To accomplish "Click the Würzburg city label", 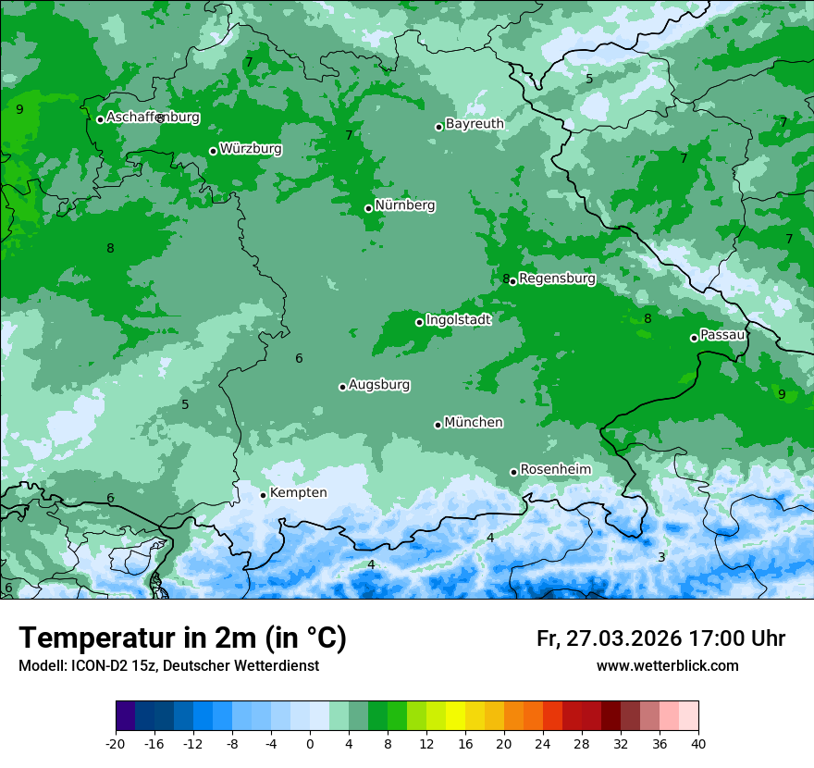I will [251, 149].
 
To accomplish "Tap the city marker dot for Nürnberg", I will [368, 208].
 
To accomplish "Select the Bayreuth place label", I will [475, 124].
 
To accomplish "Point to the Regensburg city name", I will [557, 279].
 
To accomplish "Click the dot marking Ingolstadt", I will [419, 322].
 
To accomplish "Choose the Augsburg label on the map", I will [379, 385].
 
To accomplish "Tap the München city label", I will [474, 423].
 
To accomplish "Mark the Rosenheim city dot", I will [513, 473].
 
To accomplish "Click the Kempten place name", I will [298, 492].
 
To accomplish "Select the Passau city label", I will [722, 335].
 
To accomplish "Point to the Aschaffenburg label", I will [153, 118].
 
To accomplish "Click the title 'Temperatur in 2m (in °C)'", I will [182, 638].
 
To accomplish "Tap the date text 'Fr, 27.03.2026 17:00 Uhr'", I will [660, 638].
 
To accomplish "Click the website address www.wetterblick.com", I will [667, 665].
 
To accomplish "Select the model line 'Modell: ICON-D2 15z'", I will [168, 665].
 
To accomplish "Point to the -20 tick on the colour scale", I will [116, 743].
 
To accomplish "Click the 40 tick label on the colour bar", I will [697, 743].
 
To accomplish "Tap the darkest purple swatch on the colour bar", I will [126, 716].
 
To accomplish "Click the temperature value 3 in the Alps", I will [661, 557].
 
